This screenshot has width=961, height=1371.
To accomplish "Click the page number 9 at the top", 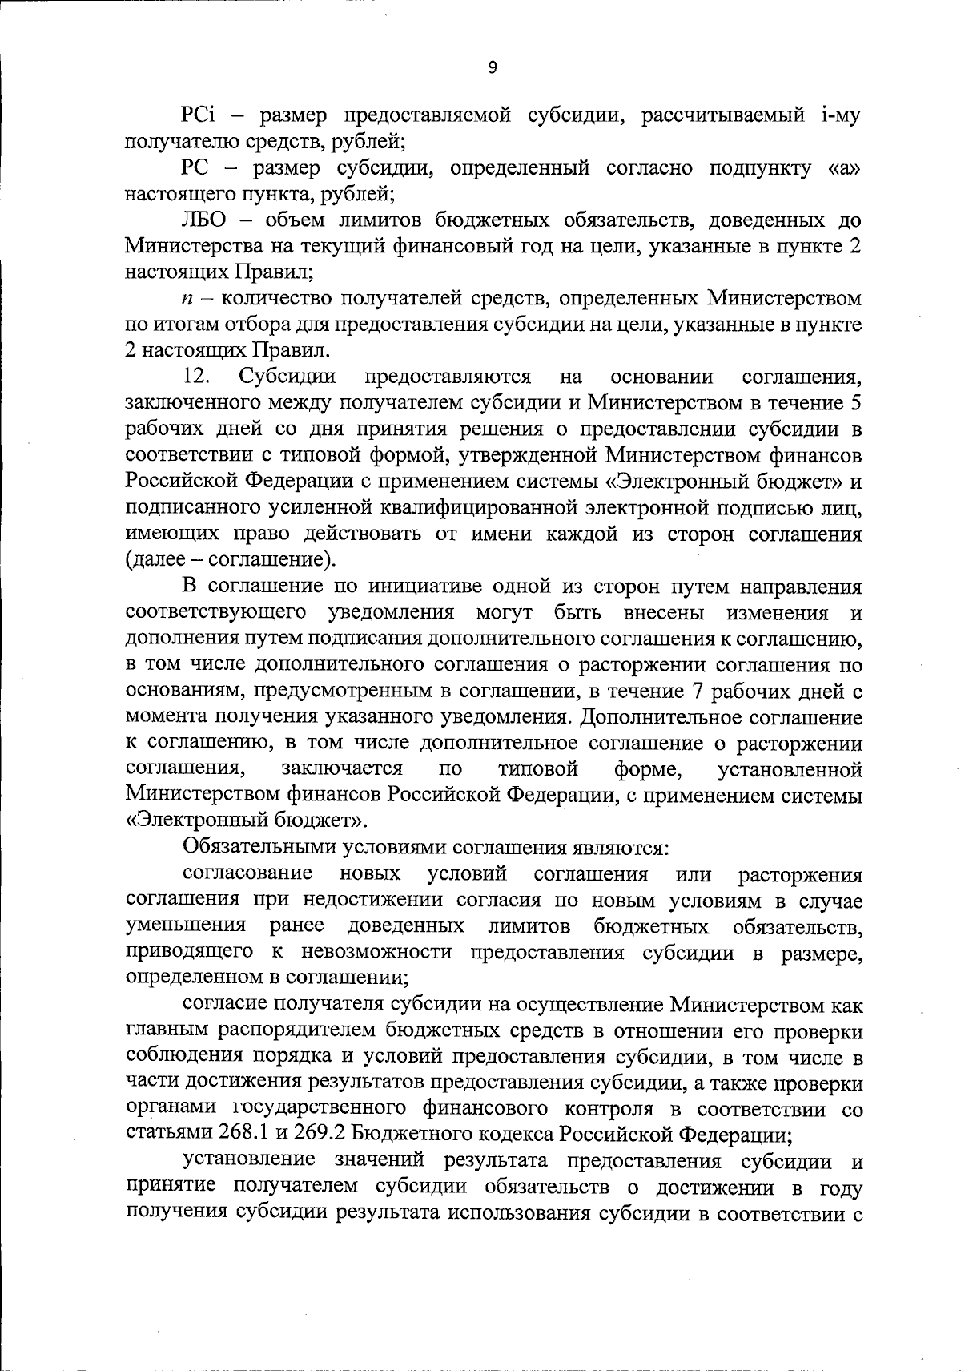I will pyautogui.click(x=492, y=68).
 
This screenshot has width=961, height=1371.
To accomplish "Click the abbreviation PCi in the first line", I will pyautogui.click(x=199, y=116).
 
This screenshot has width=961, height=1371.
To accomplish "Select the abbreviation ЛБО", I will pyautogui.click(x=204, y=220).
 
